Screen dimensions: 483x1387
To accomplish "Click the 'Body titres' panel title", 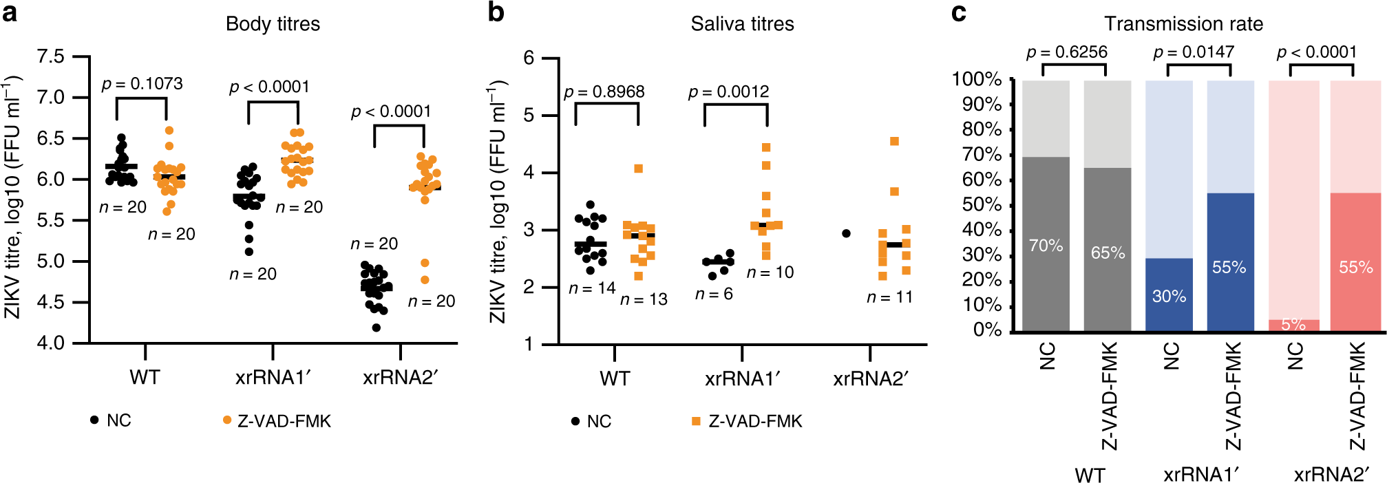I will click(273, 24).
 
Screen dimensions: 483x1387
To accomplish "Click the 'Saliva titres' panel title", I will click(742, 24).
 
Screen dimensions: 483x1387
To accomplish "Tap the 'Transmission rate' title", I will click(1183, 24).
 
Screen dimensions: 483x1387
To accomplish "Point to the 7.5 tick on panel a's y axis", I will click(50, 56).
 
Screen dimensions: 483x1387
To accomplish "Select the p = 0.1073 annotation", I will click(142, 84).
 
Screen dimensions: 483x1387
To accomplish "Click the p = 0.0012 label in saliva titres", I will click(728, 92).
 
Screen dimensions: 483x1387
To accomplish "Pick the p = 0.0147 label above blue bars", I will click(1193, 52).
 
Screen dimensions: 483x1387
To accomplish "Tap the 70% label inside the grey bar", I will click(1046, 246).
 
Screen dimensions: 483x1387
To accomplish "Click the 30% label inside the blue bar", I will click(1169, 297).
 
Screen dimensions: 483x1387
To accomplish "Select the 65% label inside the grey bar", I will click(1108, 253).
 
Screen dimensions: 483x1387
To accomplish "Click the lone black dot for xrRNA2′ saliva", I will click(846, 234).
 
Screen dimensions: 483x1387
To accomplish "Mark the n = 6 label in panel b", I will click(714, 294).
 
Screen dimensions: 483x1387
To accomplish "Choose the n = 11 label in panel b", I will click(889, 297).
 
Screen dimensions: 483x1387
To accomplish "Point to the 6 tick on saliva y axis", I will click(529, 58).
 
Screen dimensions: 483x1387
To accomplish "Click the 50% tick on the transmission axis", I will click(982, 205).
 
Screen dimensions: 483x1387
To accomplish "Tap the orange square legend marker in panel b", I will click(696, 421).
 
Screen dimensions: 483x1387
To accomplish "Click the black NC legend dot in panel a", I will click(94, 420).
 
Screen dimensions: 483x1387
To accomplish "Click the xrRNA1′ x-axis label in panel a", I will click(273, 378).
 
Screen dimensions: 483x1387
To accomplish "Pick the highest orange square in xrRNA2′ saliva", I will click(894, 142).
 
